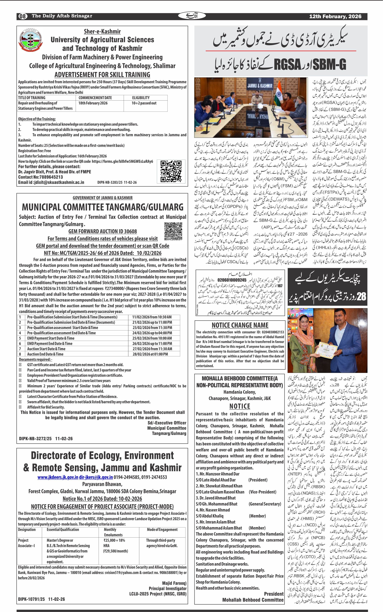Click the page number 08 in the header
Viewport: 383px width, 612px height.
click(22, 16)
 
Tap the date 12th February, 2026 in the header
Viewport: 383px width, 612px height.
click(335, 16)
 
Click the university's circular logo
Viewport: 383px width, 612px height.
click(31, 41)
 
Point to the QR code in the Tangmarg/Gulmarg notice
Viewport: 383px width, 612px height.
click(173, 231)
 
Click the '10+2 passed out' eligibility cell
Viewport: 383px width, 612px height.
click(144, 103)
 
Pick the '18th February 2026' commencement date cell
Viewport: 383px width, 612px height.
click(93, 103)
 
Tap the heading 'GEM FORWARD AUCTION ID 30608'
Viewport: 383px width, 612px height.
click(103, 231)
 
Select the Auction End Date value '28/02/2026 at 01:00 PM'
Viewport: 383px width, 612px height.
click(150, 354)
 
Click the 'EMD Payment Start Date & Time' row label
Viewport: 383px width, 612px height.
click(51, 338)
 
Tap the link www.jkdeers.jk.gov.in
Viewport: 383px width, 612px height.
click(58, 477)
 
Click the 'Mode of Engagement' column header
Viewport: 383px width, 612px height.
click(162, 529)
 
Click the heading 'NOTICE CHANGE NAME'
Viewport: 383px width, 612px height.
click(240, 325)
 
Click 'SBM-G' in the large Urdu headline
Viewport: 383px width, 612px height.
click(329, 64)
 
